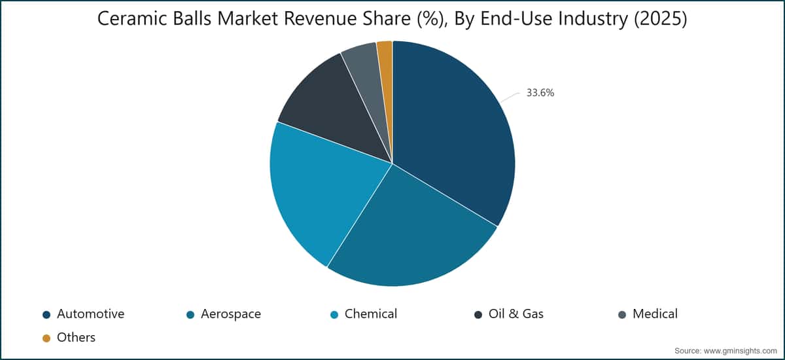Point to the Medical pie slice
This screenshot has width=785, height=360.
[368, 77]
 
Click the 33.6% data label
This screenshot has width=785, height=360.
[540, 93]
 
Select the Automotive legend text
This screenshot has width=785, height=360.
[90, 314]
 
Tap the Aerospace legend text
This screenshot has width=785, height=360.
[230, 314]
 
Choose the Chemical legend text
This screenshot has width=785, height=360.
[371, 314]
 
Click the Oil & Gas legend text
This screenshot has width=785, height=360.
[516, 314]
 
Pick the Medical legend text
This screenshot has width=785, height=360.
[655, 314]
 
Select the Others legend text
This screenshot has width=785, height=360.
[76, 337]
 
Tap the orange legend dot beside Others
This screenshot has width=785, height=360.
[46, 338]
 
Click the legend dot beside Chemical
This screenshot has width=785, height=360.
[334, 315]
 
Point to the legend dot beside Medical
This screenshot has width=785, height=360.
[622, 315]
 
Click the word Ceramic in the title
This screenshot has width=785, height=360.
[131, 18]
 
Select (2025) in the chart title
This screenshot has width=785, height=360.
[660, 18]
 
